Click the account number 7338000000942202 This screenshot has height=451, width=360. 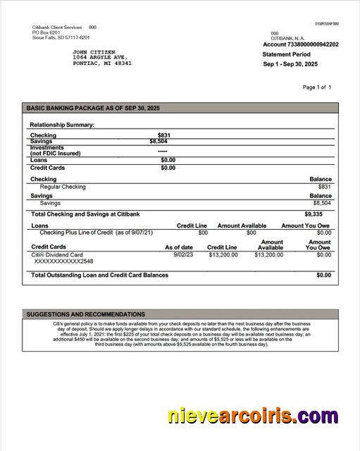(x=309, y=44)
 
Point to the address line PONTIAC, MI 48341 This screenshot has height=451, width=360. (x=102, y=63)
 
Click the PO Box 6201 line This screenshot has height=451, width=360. (x=46, y=32)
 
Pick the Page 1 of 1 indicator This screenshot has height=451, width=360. (x=316, y=87)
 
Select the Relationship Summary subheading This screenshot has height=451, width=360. (x=62, y=125)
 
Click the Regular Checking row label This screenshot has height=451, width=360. (x=63, y=187)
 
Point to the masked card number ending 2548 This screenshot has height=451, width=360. (x=63, y=261)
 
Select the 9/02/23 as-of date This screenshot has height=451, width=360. (x=183, y=254)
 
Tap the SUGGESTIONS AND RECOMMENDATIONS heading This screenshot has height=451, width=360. (x=86, y=314)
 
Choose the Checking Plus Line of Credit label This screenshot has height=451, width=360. (x=96, y=233)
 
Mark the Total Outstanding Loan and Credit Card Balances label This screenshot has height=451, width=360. (x=99, y=275)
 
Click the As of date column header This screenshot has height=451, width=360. (x=179, y=247)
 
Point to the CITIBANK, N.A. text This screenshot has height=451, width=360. (x=288, y=38)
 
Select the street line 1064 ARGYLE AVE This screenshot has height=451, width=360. (x=100, y=58)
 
